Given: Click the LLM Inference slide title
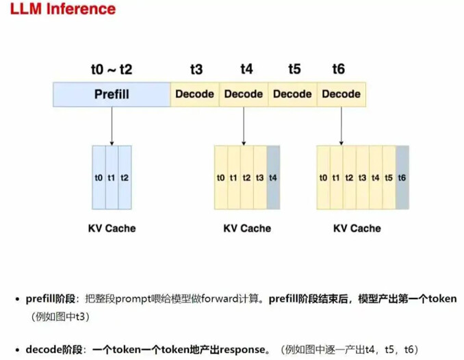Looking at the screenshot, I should (62, 10).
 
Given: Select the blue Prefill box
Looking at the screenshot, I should (112, 94).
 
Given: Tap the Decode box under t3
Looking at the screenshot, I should (195, 94).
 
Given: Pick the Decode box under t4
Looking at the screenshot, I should (244, 94).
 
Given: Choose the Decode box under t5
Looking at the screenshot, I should (292, 94).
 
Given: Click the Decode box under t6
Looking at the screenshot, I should (341, 94).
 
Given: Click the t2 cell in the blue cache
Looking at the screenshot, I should (125, 177).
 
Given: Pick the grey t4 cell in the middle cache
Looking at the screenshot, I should (273, 177).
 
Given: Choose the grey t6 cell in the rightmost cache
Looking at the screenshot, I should (402, 177).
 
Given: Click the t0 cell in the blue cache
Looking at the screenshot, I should (99, 177).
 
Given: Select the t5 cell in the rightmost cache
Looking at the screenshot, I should (389, 177).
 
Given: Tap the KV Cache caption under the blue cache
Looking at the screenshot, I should (112, 228).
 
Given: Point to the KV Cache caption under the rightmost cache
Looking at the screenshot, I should (357, 228).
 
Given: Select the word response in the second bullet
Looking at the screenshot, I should (241, 349).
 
